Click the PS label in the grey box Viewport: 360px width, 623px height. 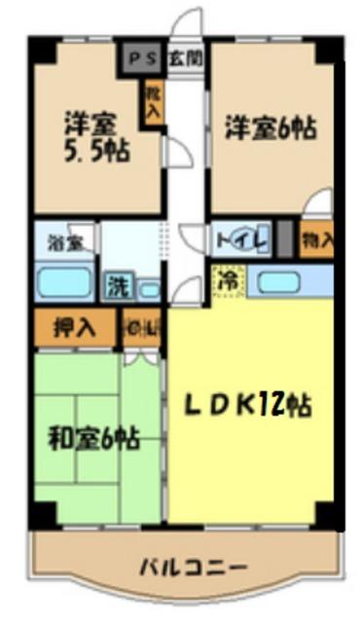[138, 56]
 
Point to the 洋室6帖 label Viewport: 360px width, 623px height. [271, 128]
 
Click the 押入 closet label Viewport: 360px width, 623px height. [74, 327]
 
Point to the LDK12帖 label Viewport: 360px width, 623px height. [250, 403]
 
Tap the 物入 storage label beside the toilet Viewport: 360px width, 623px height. [317, 238]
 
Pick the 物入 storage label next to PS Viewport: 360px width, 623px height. [151, 100]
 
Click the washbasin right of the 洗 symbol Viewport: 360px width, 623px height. [149, 288]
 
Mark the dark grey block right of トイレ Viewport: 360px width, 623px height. [284, 238]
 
